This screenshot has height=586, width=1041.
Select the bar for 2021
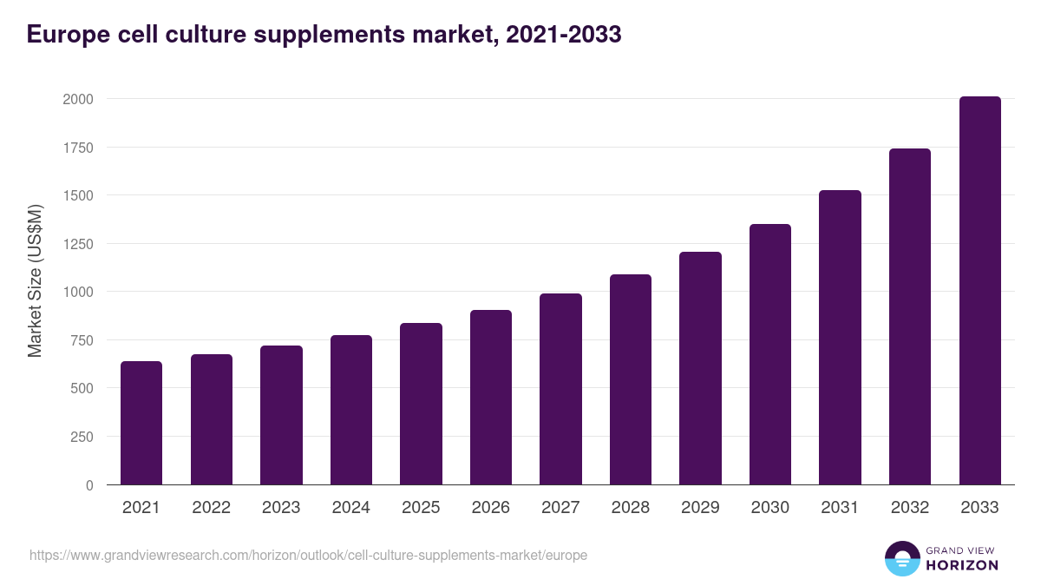pos(141,423)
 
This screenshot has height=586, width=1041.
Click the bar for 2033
pos(979,291)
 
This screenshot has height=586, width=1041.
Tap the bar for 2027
pos(560,389)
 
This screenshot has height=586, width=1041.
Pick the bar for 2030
pos(770,354)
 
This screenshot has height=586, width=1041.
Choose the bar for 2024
pos(351,410)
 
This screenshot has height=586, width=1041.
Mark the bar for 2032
pos(910,317)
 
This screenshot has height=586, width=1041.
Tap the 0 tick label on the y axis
pos(89,485)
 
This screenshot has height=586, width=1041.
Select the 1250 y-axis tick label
pos(77,244)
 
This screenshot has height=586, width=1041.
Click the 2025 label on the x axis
pos(421,508)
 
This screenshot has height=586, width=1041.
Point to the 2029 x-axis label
pos(700,508)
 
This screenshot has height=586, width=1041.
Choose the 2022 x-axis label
pos(211,508)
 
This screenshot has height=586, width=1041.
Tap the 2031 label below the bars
pos(840,508)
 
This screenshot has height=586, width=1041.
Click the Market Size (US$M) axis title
pos(35,281)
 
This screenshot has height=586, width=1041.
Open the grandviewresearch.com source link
pos(308,555)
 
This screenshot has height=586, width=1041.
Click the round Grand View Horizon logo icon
pos(901,558)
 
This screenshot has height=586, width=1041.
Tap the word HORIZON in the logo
pos(961,565)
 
